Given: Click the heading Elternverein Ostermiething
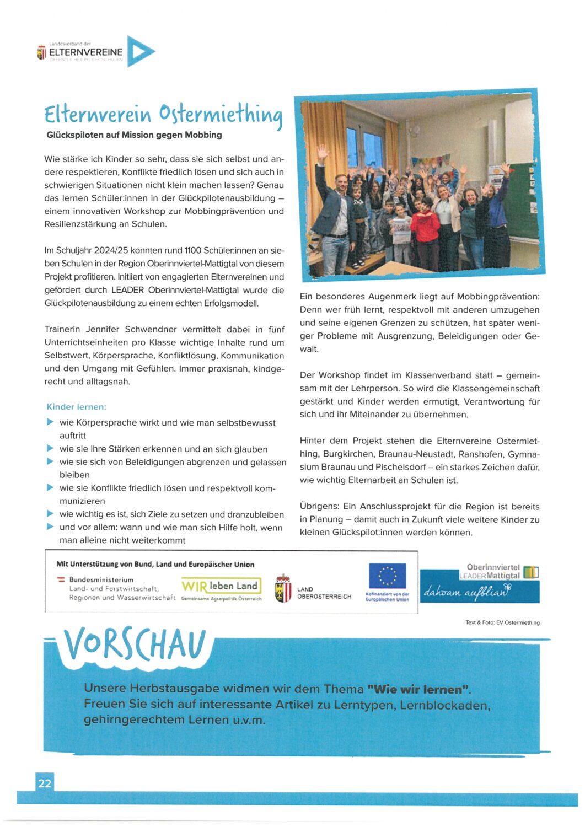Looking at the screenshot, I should point(163,114).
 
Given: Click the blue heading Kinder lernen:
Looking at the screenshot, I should point(76,407).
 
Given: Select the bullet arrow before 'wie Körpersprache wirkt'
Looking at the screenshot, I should point(50,422).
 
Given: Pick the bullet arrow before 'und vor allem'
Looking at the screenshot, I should point(50,527).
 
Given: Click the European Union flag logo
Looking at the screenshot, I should point(387,576).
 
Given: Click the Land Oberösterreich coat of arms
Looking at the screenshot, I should point(283,589).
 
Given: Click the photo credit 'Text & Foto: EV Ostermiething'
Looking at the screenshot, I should point(502,622).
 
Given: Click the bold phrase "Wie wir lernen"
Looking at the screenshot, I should point(418,689).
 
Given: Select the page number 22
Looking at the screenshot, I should point(45,783).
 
